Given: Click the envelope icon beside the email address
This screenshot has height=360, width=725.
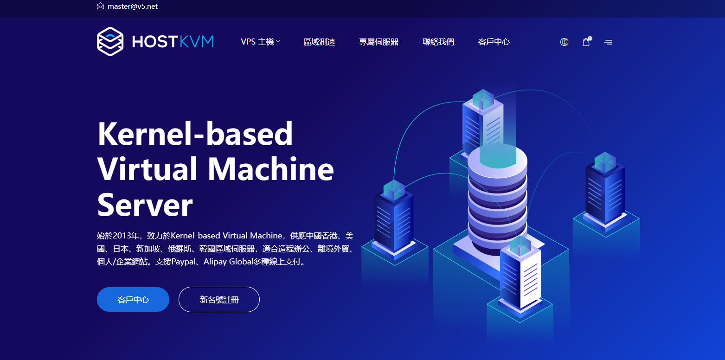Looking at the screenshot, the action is pos(100,6).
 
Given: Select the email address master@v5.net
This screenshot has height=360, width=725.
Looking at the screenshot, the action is pos(133,6).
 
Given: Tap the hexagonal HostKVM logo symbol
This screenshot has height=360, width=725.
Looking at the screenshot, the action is pos(110,41).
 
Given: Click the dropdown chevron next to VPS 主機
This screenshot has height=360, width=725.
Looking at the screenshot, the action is pos(278,41).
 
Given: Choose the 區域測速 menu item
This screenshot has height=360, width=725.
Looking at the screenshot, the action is pos(319,42).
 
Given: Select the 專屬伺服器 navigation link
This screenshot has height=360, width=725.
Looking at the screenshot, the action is pos(379,42).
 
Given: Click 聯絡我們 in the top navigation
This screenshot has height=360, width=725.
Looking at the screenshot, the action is pos(438,42).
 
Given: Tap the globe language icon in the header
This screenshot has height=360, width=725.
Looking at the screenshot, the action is pos(564,42).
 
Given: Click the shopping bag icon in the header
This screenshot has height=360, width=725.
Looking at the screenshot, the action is pos(586,41).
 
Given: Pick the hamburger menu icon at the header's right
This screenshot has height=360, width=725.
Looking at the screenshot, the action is pos(608,42).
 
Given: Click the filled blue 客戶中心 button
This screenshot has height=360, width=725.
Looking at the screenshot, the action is pos(133,300).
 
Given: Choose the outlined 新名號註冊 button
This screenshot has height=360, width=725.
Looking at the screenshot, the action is pos(219,300).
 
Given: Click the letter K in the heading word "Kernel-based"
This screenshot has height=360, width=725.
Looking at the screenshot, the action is pos(109,134).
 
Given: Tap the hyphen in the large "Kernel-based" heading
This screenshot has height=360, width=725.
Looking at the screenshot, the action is pos(199,137).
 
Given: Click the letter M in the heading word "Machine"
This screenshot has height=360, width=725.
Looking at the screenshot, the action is pos(225,169).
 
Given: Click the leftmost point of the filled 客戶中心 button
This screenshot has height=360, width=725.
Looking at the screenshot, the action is pos(97,300).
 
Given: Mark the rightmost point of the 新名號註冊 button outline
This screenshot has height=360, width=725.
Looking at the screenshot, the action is pos(260,300).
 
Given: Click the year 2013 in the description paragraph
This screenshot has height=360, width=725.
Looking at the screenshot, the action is pos(122,236).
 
